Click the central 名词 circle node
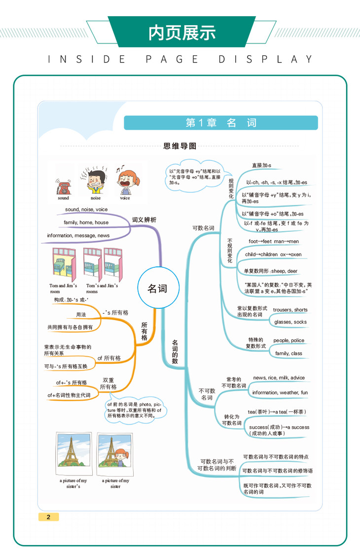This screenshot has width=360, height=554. pyautogui.click(x=157, y=288)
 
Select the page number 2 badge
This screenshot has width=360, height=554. pyautogui.click(x=48, y=517)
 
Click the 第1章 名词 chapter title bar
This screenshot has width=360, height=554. pyautogui.click(x=220, y=123)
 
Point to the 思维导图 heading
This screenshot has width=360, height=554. pyautogui.click(x=180, y=146)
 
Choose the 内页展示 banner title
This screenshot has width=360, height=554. pyautogui.click(x=182, y=33)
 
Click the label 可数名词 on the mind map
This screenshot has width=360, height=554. pyautogui.click(x=203, y=228)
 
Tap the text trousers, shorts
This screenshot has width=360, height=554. pyautogui.click(x=290, y=310)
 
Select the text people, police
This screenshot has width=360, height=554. pyautogui.click(x=289, y=340)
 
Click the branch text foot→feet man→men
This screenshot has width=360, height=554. pyautogui.click(x=274, y=241)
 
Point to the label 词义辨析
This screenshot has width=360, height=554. pyautogui.click(x=144, y=220)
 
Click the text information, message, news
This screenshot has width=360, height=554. pyautogui.click(x=78, y=235)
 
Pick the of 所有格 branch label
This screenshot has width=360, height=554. pyautogui.click(x=109, y=358)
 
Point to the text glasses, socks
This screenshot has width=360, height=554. pyautogui.click(x=290, y=322)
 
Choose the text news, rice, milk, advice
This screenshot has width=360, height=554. pyautogui.click(x=279, y=378)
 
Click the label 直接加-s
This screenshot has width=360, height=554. pyautogui.click(x=261, y=165)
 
